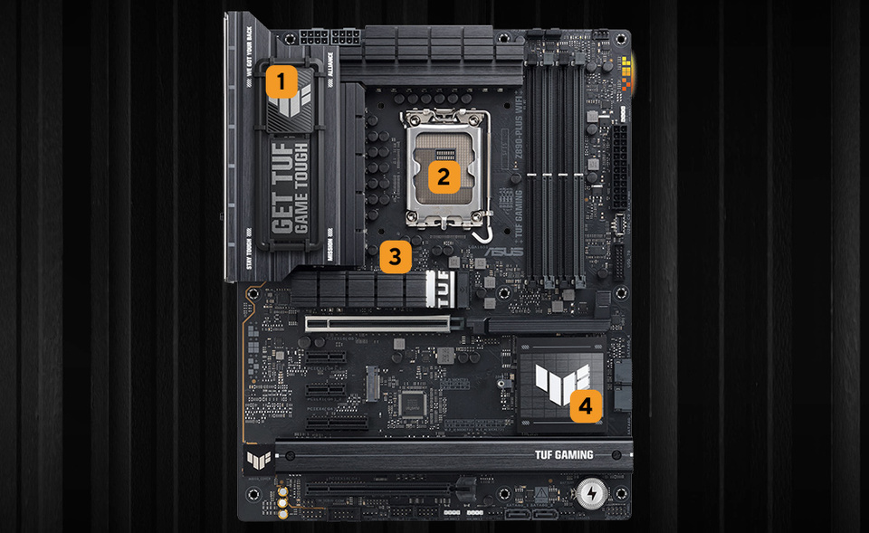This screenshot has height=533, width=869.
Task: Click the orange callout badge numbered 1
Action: click(281, 82)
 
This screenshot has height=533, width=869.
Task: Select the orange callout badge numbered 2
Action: click(443, 176)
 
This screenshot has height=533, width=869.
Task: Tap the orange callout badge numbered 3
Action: click(394, 256)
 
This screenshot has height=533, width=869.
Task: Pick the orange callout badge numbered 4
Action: click(586, 405)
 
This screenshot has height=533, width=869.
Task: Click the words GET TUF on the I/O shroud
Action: click(282, 190)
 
